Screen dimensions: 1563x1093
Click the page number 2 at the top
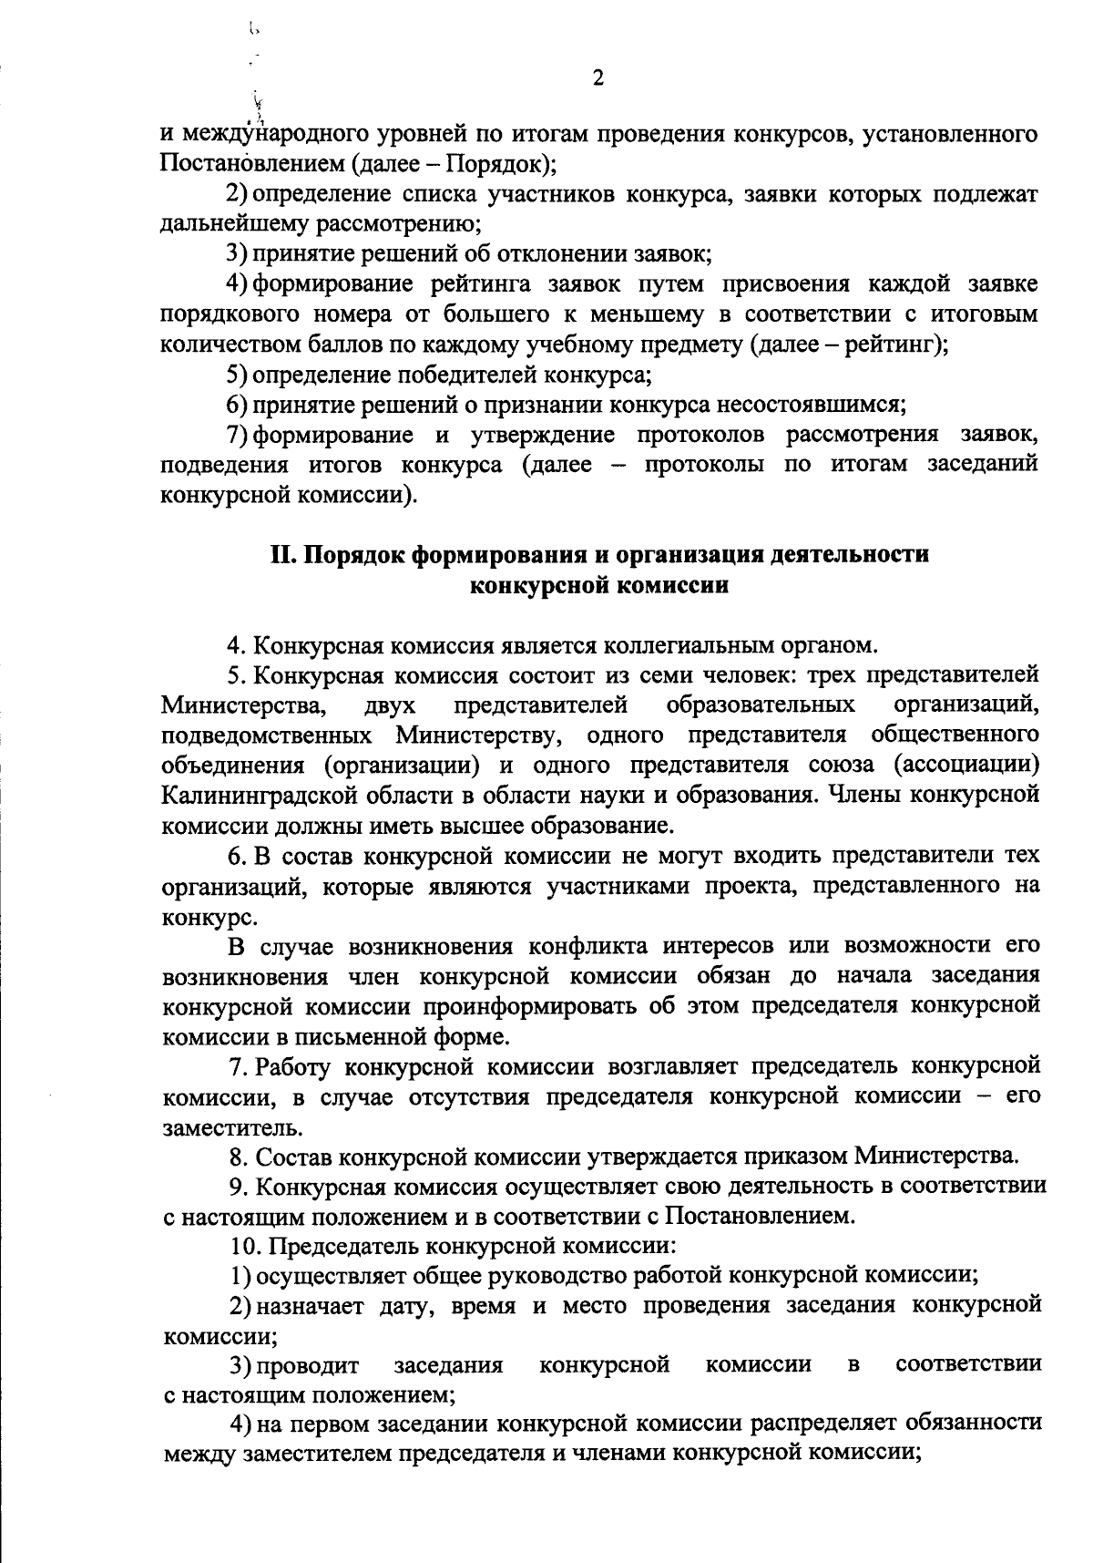click(x=598, y=78)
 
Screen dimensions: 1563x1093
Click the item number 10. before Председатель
click(x=246, y=1246)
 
